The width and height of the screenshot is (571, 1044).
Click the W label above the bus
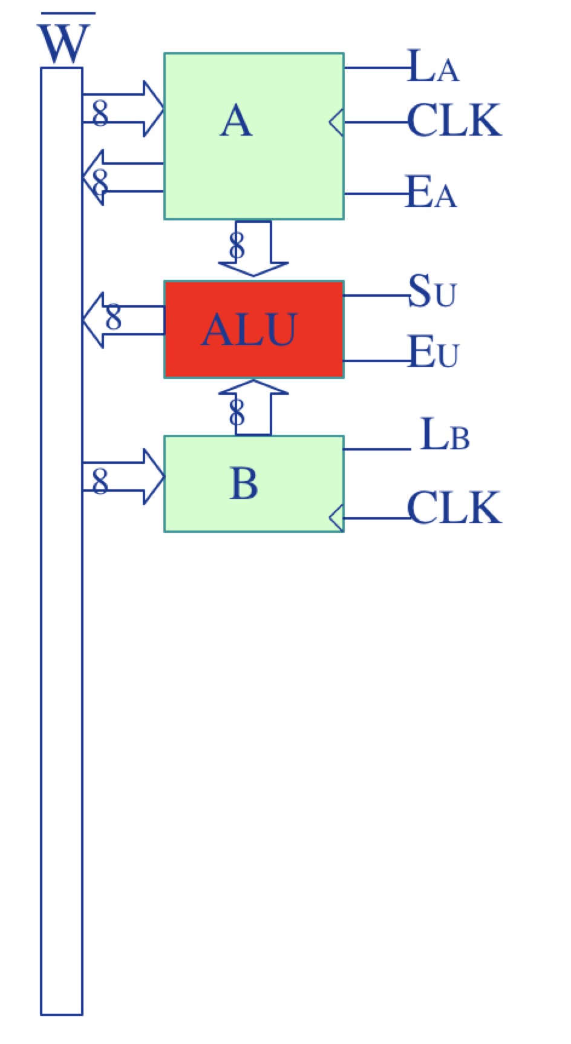(x=64, y=44)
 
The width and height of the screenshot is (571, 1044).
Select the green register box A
(x=253, y=136)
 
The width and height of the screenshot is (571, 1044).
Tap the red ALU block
(x=253, y=329)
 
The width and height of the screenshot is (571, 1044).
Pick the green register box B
(x=253, y=483)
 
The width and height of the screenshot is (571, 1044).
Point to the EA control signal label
(x=431, y=193)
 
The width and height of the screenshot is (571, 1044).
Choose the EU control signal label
(x=433, y=352)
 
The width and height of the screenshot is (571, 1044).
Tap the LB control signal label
(x=444, y=435)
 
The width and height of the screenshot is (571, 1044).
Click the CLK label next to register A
(x=454, y=121)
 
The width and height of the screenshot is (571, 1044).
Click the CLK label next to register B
(x=454, y=507)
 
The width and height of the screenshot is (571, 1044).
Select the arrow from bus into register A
(x=124, y=109)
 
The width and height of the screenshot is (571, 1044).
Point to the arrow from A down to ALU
(x=253, y=248)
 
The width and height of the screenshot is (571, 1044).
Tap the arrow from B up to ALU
(x=253, y=407)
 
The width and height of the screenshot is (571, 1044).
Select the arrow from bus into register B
(x=124, y=477)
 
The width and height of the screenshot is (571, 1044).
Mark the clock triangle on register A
(x=337, y=122)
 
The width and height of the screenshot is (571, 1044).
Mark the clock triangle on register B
(x=337, y=518)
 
